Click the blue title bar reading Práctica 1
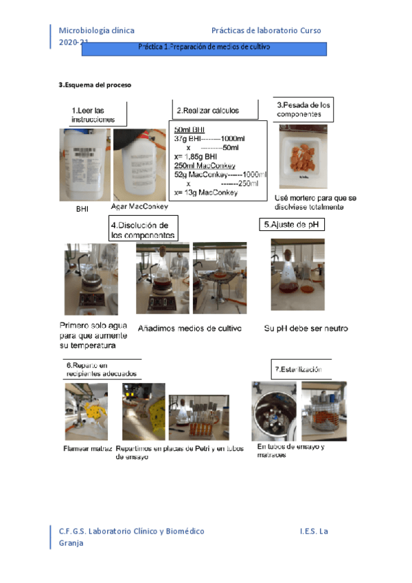click(x=203, y=48)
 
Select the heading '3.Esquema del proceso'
click(x=94, y=85)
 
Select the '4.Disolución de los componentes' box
click(x=144, y=230)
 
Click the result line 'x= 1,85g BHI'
click(x=196, y=156)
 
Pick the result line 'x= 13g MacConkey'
click(x=207, y=193)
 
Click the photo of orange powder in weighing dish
click(x=303, y=156)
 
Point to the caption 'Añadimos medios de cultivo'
click(x=190, y=329)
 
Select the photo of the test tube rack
click(x=198, y=417)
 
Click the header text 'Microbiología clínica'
click(x=97, y=31)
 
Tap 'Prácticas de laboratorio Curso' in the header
click(x=266, y=31)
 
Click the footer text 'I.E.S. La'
click(x=314, y=531)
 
